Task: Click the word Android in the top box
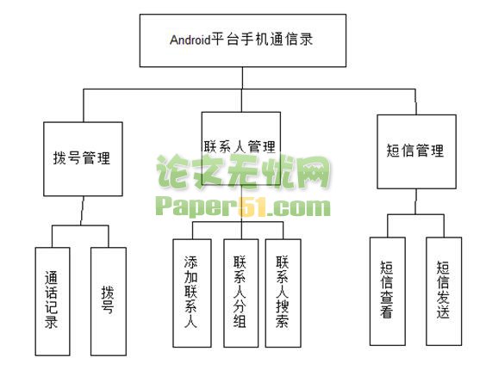(190, 40)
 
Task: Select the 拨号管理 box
(83, 159)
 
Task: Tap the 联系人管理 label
(240, 147)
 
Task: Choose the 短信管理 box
(416, 151)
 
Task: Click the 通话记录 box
(53, 301)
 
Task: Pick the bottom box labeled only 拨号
(109, 301)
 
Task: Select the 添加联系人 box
(192, 293)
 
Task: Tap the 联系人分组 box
(240, 293)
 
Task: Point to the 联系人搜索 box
(283, 293)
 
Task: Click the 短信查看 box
(388, 292)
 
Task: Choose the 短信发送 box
(444, 292)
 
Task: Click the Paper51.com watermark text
(243, 207)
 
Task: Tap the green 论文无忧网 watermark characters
(243, 171)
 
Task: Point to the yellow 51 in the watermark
(252, 207)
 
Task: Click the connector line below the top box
(242, 78)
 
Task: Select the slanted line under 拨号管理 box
(82, 211)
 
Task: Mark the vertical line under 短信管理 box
(416, 201)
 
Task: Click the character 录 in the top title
(306, 40)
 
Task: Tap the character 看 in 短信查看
(387, 311)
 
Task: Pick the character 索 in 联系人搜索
(283, 321)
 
